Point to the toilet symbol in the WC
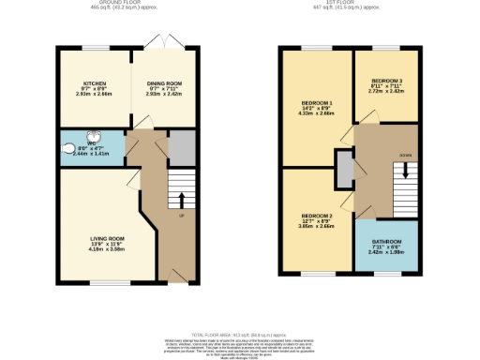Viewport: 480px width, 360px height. (67, 148)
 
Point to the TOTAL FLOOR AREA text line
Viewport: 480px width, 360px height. (240, 335)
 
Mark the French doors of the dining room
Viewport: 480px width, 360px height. (158, 42)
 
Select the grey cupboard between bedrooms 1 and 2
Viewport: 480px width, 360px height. (343, 170)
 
